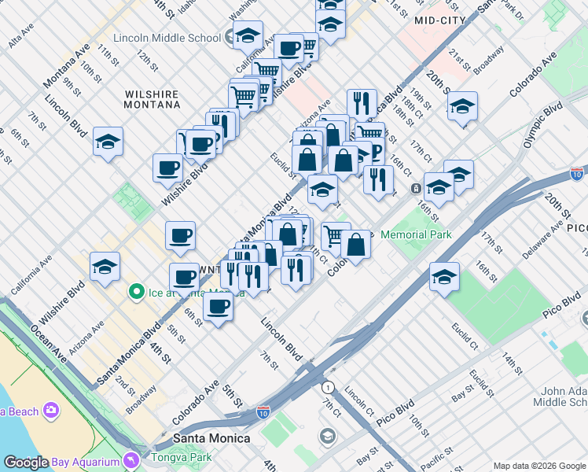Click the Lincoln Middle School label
point(167,38)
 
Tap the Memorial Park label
point(416,234)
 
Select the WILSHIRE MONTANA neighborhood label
point(152,100)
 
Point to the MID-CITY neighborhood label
point(439,20)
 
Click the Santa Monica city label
point(211,438)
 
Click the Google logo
point(26,463)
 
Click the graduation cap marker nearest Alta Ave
point(108,142)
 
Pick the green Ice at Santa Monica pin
point(136,293)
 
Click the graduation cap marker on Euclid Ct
point(444,278)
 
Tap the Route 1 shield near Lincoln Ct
point(327,387)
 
